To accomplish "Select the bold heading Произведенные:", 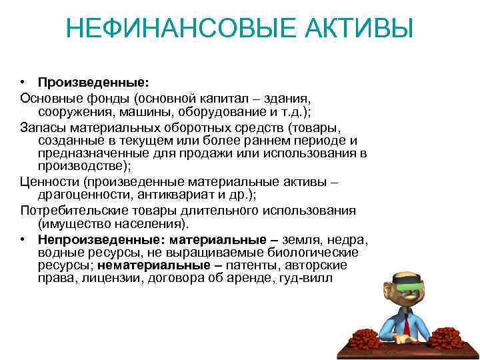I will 93,83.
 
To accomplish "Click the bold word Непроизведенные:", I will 101,239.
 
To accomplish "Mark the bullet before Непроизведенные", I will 23,239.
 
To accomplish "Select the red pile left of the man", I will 369,335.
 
